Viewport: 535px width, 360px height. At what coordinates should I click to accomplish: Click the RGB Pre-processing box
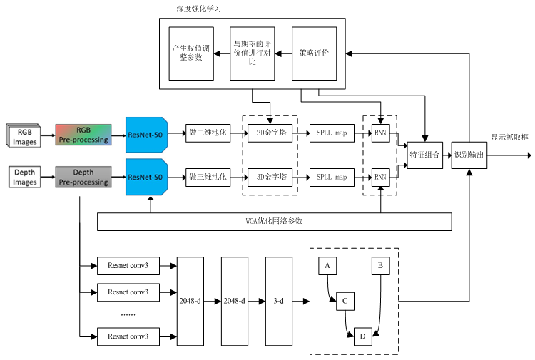click(x=83, y=135)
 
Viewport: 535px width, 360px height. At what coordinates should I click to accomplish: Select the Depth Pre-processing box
click(x=83, y=177)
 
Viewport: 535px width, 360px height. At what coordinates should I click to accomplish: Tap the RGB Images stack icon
click(x=25, y=135)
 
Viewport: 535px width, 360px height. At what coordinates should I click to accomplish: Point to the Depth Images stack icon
click(x=25, y=177)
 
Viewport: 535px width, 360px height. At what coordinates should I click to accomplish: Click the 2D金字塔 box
click(x=270, y=134)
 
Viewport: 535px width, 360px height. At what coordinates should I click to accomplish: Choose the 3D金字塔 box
click(x=270, y=177)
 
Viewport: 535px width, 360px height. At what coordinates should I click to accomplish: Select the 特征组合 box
click(x=425, y=154)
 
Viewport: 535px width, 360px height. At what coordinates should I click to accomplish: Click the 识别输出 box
click(x=469, y=154)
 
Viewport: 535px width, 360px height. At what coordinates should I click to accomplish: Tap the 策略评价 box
click(x=315, y=53)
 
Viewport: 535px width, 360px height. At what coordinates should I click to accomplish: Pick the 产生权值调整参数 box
click(x=191, y=53)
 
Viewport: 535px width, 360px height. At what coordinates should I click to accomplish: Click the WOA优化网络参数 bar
click(x=274, y=221)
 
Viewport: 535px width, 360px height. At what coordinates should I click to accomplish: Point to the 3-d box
click(x=279, y=302)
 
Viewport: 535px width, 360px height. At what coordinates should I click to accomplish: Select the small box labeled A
click(x=327, y=266)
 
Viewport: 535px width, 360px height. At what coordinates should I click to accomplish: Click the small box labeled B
click(x=380, y=266)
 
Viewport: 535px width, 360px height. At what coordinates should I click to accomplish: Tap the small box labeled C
click(x=345, y=301)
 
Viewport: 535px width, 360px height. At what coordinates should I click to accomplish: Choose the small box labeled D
click(x=363, y=336)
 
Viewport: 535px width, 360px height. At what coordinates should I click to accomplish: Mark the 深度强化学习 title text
click(x=198, y=9)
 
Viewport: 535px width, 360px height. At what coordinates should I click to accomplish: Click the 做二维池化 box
click(x=208, y=134)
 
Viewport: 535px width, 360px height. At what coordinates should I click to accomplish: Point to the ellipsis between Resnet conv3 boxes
click(x=128, y=314)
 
